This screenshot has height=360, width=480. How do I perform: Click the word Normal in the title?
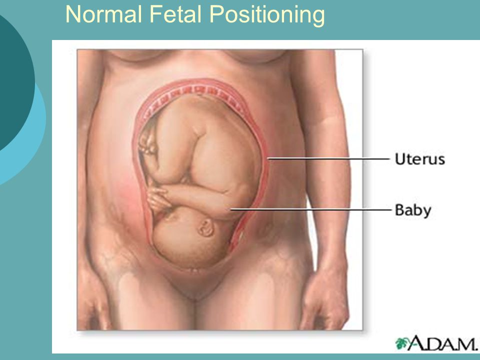[104, 14]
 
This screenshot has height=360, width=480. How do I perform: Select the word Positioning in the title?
[267, 16]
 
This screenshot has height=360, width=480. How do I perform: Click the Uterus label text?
[419, 159]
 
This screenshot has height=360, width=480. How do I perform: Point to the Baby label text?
[413, 210]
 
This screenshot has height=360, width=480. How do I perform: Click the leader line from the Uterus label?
[328, 159]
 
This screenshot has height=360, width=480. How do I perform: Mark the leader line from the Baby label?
[310, 209]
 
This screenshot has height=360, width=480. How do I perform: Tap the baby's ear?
[205, 227]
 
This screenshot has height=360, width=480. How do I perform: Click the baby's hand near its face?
[158, 199]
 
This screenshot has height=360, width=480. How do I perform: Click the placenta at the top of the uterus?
[196, 92]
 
